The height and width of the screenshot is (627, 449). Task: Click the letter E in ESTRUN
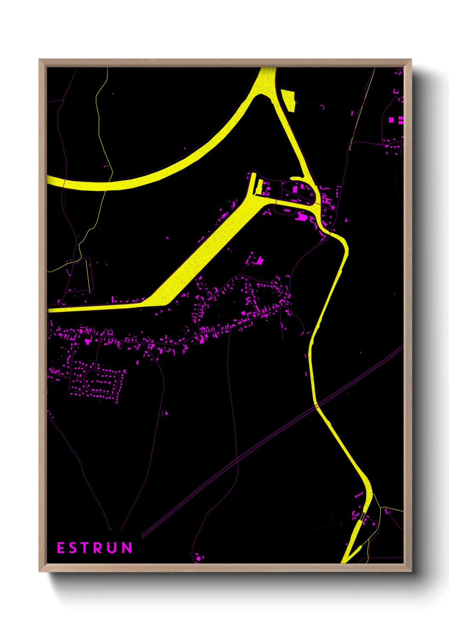[x=61, y=548]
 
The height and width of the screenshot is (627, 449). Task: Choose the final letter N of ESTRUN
[x=127, y=548]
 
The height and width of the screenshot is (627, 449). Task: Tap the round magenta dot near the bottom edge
[x=198, y=558]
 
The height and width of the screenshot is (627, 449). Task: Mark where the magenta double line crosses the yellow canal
[x=317, y=406]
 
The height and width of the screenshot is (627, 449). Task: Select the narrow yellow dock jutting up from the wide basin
[x=254, y=183]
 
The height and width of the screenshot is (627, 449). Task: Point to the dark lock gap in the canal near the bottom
[x=362, y=516]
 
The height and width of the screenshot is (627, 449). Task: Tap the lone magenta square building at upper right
[x=391, y=120]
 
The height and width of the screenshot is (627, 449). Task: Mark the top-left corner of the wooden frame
[x=39, y=60]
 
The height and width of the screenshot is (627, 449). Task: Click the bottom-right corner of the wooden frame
[x=411, y=571]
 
